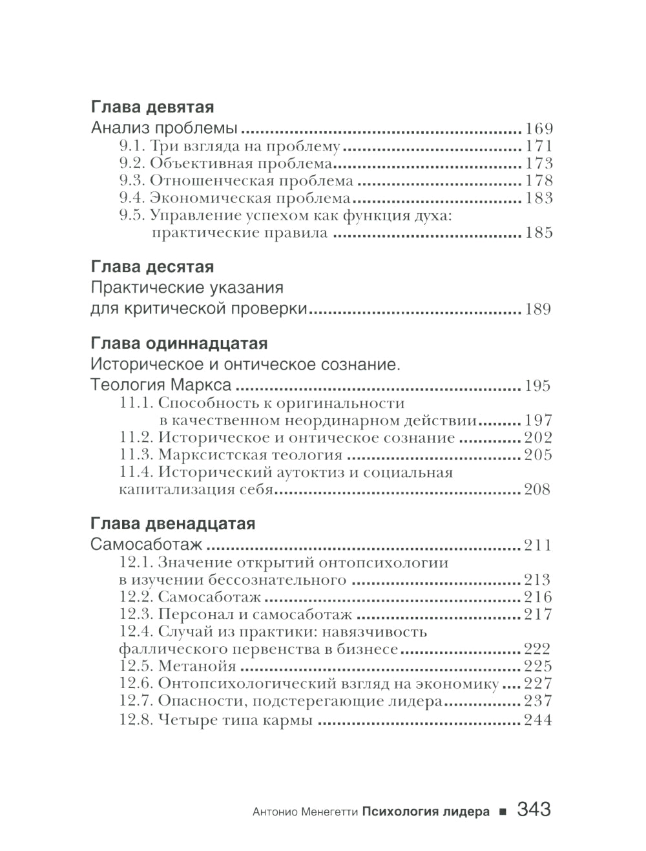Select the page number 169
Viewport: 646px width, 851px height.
539,129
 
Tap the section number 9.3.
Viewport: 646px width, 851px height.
132,181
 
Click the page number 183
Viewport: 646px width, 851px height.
539,198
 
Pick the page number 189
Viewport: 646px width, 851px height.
537,310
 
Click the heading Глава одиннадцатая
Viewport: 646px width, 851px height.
179,343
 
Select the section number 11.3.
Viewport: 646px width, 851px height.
136,455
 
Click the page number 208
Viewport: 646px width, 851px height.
537,490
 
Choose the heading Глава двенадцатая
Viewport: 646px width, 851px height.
172,524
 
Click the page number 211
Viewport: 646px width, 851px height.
537,545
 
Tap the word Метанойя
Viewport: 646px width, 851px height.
197,666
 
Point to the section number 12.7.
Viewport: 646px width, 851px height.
136,701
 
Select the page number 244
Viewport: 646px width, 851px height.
537,720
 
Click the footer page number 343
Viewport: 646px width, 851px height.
534,810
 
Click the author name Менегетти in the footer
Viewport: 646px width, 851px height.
327,812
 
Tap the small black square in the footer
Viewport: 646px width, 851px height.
503,812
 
